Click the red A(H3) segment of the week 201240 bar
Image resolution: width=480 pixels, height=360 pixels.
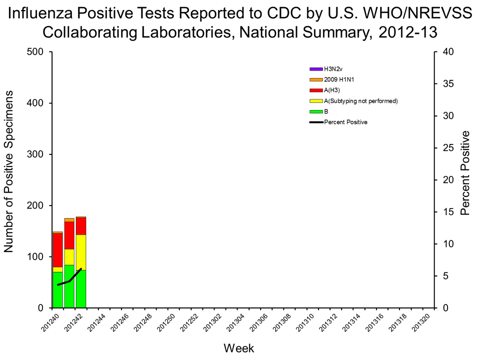[x=57, y=250]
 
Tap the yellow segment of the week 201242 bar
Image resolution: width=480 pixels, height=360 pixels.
[x=80, y=252]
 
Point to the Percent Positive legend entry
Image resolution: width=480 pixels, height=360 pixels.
[x=345, y=122]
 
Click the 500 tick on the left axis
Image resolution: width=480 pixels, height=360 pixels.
[x=37, y=52]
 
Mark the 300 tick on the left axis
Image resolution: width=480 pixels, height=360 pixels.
[x=37, y=154]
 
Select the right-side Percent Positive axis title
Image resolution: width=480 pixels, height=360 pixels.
[x=465, y=173]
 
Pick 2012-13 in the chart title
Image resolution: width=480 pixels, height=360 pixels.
[x=406, y=32]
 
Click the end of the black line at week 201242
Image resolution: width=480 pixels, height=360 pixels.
[x=81, y=269]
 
